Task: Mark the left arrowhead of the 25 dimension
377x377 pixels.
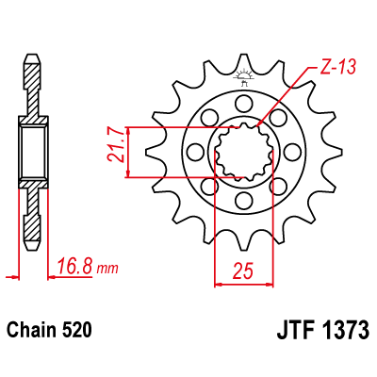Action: pyautogui.click(x=221, y=281)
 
